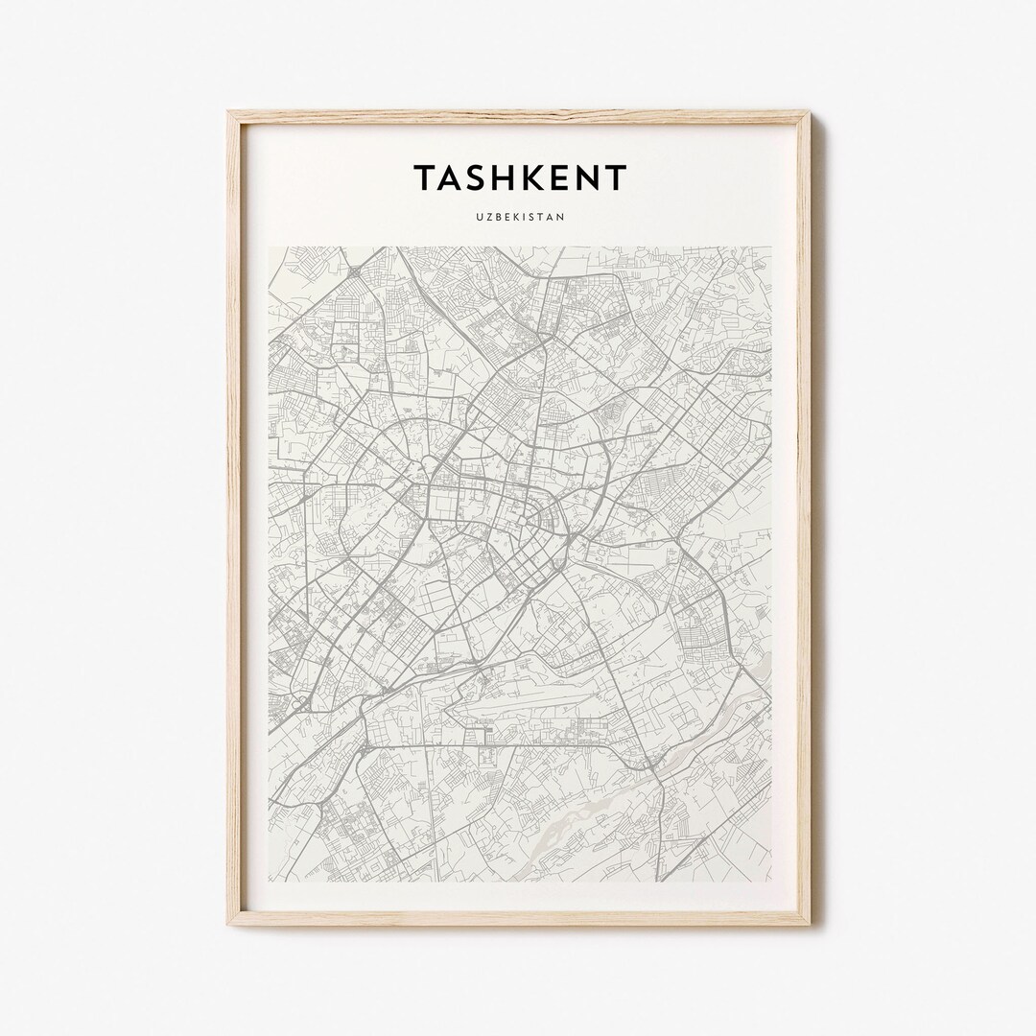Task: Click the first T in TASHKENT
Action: point(426,177)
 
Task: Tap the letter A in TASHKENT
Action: point(455,177)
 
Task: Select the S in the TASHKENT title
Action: point(483,177)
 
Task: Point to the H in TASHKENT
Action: point(511,177)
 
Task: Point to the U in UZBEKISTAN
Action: point(477,217)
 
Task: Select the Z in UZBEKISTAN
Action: point(486,217)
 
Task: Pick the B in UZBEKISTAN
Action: point(496,217)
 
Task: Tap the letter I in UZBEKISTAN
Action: point(524,217)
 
